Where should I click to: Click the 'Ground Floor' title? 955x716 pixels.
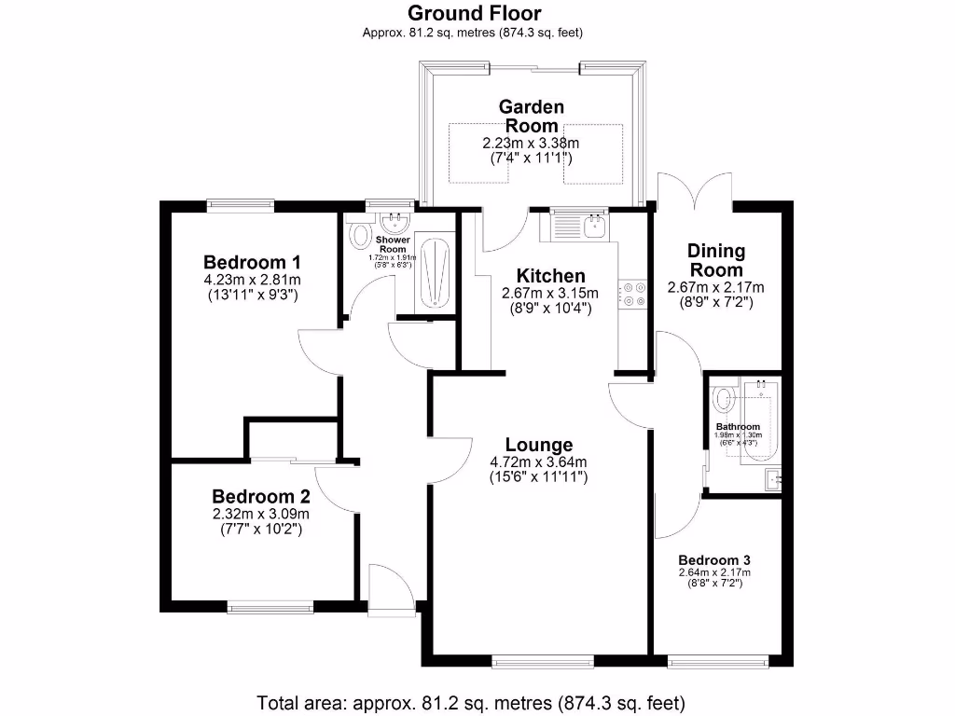(474, 13)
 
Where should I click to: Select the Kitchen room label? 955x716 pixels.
(551, 276)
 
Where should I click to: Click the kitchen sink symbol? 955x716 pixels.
(580, 225)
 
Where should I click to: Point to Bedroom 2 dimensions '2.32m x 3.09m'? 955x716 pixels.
(261, 514)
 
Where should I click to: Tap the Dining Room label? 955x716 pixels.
(716, 259)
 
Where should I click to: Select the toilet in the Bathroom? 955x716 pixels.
(723, 401)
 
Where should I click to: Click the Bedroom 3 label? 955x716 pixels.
(714, 559)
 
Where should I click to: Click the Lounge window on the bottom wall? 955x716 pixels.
(544, 661)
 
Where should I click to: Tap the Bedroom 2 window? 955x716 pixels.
(270, 607)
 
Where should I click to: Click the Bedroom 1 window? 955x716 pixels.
(240, 204)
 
